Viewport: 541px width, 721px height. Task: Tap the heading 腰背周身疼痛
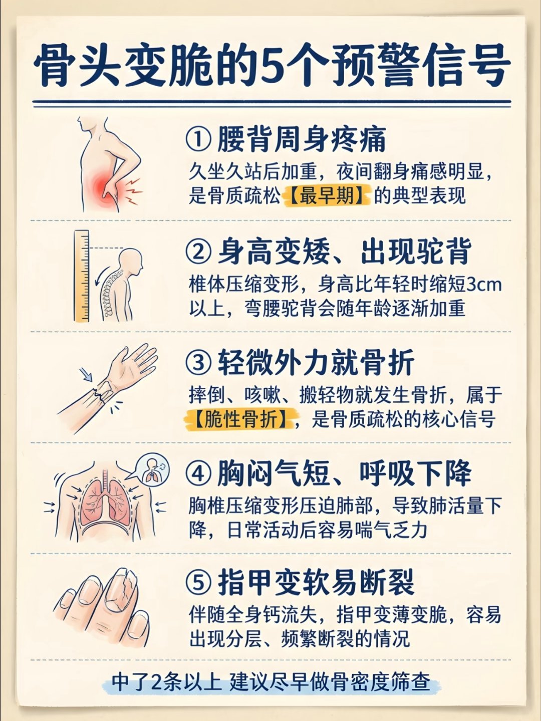pos(301,139)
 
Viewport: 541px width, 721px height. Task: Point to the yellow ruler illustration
pos(82,276)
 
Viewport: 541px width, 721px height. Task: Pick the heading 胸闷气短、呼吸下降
pos(344,473)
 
